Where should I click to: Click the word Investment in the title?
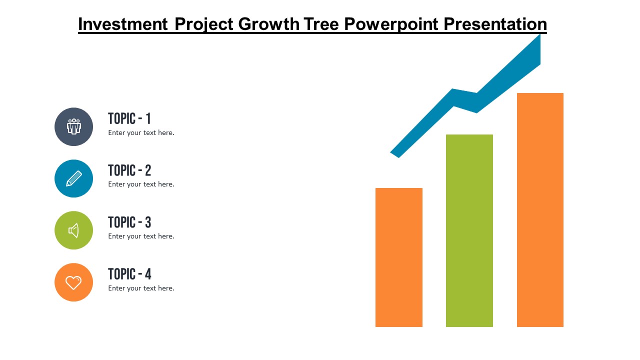(x=123, y=24)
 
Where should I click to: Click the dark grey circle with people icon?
(x=73, y=126)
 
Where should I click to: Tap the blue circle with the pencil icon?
(x=73, y=178)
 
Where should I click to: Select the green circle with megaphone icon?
(x=73, y=230)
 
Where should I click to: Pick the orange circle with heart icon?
(x=73, y=282)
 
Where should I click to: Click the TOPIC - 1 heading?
(x=129, y=118)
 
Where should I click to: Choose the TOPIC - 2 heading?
(x=129, y=170)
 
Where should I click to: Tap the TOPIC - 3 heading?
(x=129, y=222)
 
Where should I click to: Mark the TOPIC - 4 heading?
(x=129, y=274)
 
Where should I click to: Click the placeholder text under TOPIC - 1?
(x=141, y=133)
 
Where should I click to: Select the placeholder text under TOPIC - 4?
(x=141, y=288)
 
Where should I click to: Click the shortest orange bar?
(x=399, y=257)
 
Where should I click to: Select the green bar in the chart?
(x=469, y=230)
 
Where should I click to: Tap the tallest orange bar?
(x=540, y=210)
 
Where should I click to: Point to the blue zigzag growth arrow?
(x=465, y=100)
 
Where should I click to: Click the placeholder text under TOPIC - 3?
(x=141, y=236)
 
